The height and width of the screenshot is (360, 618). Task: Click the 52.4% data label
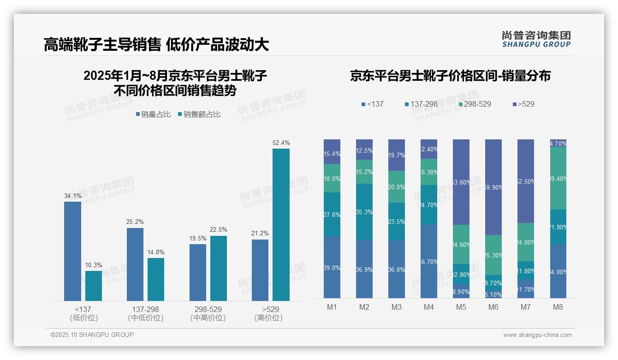pyautogui.click(x=281, y=143)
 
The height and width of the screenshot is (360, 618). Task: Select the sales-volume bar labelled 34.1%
pyautogui.click(x=72, y=252)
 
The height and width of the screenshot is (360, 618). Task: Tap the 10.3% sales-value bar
pyautogui.click(x=94, y=286)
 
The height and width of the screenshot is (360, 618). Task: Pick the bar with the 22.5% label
pyautogui.click(x=219, y=269)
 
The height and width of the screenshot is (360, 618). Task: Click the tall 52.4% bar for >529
pyautogui.click(x=281, y=225)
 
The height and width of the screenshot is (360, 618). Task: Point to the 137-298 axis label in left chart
pyautogui.click(x=145, y=309)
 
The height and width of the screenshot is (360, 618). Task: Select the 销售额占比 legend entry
pyautogui.click(x=199, y=114)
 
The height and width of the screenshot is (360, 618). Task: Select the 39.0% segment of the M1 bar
pyautogui.click(x=332, y=268)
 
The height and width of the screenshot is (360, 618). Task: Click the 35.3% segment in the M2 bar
pyautogui.click(x=364, y=212)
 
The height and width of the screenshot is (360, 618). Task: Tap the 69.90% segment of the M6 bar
pyautogui.click(x=493, y=187)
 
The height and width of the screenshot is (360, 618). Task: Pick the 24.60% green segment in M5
pyautogui.click(x=461, y=245)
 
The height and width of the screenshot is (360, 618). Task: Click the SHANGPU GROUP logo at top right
pyautogui.click(x=536, y=39)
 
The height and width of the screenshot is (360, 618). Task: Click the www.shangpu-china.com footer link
pyautogui.click(x=537, y=335)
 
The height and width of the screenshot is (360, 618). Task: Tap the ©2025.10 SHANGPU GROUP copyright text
pyautogui.click(x=92, y=335)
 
